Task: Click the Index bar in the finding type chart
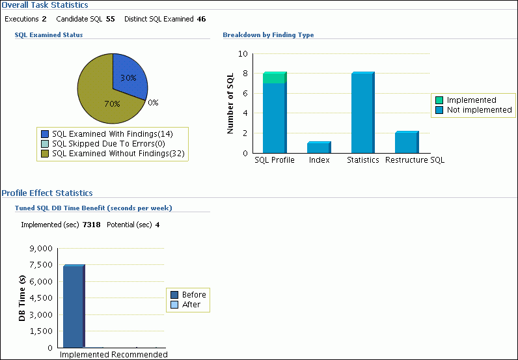(318, 148)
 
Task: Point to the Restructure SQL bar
(406, 142)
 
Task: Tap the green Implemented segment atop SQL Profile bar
(274, 78)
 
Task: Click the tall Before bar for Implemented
(73, 306)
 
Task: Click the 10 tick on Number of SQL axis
(243, 54)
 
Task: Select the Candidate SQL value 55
(110, 19)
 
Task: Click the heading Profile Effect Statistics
(47, 193)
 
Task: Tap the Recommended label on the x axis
(139, 355)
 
